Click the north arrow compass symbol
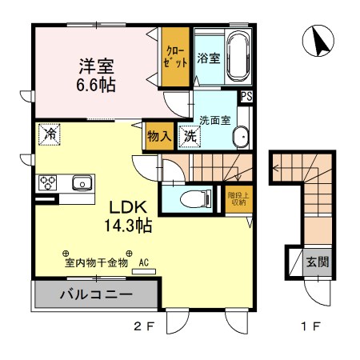click(x=318, y=41)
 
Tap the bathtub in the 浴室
click(x=238, y=56)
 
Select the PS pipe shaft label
click(x=246, y=96)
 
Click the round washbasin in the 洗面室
click(x=241, y=137)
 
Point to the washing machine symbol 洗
click(x=190, y=137)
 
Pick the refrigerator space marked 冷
click(x=50, y=134)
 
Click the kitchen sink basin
click(x=82, y=183)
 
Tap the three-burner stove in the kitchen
click(x=48, y=182)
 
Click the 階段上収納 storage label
click(x=238, y=199)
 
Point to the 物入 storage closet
click(x=159, y=136)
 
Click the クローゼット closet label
click(x=175, y=56)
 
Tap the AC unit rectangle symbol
click(x=144, y=271)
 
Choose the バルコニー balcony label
click(x=96, y=294)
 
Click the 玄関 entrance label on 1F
click(x=318, y=262)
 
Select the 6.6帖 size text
click(x=96, y=85)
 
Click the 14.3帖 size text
click(x=128, y=226)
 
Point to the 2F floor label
click(x=144, y=326)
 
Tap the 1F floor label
click(x=310, y=326)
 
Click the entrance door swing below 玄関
click(x=318, y=292)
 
